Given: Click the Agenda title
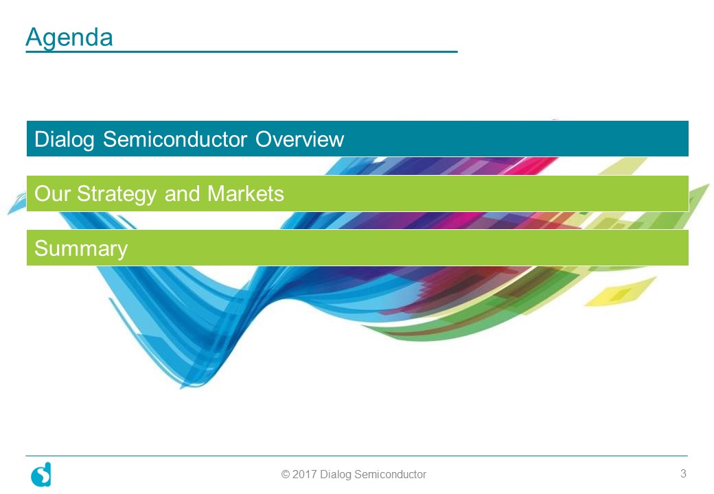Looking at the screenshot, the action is pyautogui.click(x=69, y=37).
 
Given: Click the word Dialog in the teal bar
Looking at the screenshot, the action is pyautogui.click(x=65, y=139).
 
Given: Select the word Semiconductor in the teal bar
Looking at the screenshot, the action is pyautogui.click(x=175, y=139).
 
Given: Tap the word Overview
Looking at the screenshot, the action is pyautogui.click(x=299, y=139).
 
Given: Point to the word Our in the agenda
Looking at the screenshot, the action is pyautogui.click(x=51, y=193).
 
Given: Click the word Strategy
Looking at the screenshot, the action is pyautogui.click(x=117, y=194).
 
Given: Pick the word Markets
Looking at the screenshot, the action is pyautogui.click(x=246, y=193).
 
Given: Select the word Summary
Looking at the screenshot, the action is pyautogui.click(x=81, y=249).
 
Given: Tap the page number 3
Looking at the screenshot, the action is pyautogui.click(x=683, y=473).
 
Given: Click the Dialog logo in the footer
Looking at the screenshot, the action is pyautogui.click(x=41, y=474).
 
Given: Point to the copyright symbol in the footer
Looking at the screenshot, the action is pyautogui.click(x=286, y=474).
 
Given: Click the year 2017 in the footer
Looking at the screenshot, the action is pyautogui.click(x=304, y=474).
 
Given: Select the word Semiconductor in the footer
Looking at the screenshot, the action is pyautogui.click(x=390, y=474).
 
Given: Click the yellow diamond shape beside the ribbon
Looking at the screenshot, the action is pyautogui.click(x=620, y=291).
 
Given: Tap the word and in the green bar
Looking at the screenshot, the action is pyautogui.click(x=182, y=193).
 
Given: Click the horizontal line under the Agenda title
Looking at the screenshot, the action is pyautogui.click(x=242, y=52).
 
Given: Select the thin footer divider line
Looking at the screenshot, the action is pyautogui.click(x=356, y=456).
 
